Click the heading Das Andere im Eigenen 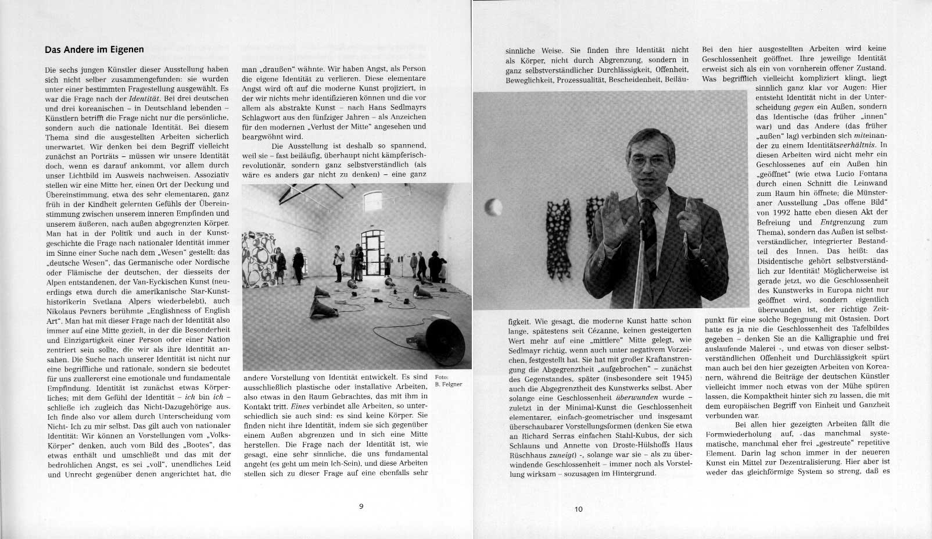(x=94, y=49)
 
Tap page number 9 (x=361, y=506)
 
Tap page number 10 (x=578, y=509)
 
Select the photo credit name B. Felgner (x=448, y=384)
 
